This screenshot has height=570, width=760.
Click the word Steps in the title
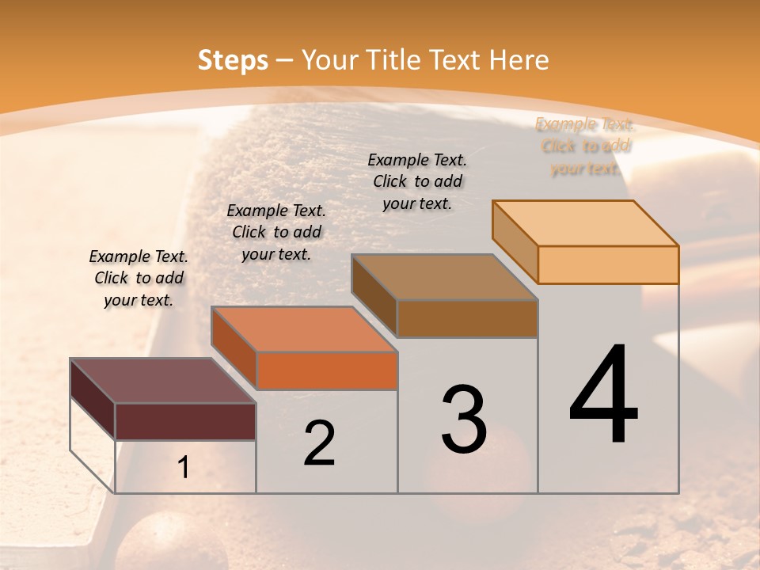click(233, 60)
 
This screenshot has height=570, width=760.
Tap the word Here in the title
click(519, 60)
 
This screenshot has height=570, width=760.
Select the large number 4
click(603, 396)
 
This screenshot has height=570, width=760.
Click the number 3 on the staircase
click(464, 420)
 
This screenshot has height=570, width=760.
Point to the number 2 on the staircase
click(319, 443)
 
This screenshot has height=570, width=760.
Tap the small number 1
click(184, 468)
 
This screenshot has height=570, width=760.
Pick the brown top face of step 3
click(444, 277)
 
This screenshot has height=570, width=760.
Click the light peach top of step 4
click(585, 223)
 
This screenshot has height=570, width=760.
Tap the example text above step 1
click(139, 278)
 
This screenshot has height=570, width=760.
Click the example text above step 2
click(276, 232)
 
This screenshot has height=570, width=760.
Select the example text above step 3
click(417, 181)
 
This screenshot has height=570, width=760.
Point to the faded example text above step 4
click(585, 146)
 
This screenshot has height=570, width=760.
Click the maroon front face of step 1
click(185, 421)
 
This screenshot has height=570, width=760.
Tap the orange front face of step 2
click(327, 370)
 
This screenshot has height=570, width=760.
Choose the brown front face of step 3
click(467, 318)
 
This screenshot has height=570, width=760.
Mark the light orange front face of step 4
click(608, 264)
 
